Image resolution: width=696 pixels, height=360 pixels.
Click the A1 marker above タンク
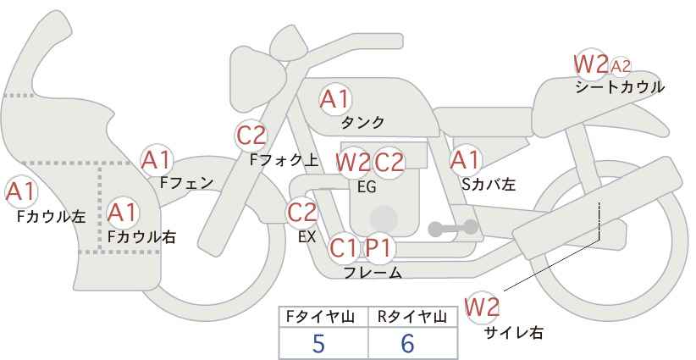(x=335, y=99)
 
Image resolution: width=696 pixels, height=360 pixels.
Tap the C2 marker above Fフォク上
(x=251, y=136)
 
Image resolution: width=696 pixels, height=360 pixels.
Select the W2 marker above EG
(x=352, y=163)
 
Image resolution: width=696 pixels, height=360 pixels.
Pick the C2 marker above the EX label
(x=302, y=212)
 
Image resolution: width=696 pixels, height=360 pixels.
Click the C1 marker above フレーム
(x=343, y=247)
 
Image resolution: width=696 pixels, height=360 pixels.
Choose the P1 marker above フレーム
(x=379, y=247)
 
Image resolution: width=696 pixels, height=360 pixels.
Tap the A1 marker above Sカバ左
(x=465, y=160)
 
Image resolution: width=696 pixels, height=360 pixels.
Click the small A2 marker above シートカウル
(x=620, y=67)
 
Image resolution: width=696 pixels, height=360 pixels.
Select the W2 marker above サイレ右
(x=482, y=307)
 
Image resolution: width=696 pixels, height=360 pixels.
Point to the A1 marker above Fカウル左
(x=21, y=191)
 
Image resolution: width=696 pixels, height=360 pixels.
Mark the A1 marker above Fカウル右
(x=122, y=213)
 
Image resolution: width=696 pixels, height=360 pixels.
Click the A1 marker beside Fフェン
(x=156, y=160)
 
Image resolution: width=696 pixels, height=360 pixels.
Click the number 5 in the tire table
(x=318, y=344)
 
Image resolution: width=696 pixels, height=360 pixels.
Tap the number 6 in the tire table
(x=407, y=344)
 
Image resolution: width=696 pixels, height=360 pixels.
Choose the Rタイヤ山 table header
(x=412, y=317)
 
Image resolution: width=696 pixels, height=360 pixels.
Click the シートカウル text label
(x=620, y=87)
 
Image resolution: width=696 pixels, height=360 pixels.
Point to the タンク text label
(x=362, y=123)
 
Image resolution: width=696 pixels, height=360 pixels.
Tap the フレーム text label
(x=373, y=272)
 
